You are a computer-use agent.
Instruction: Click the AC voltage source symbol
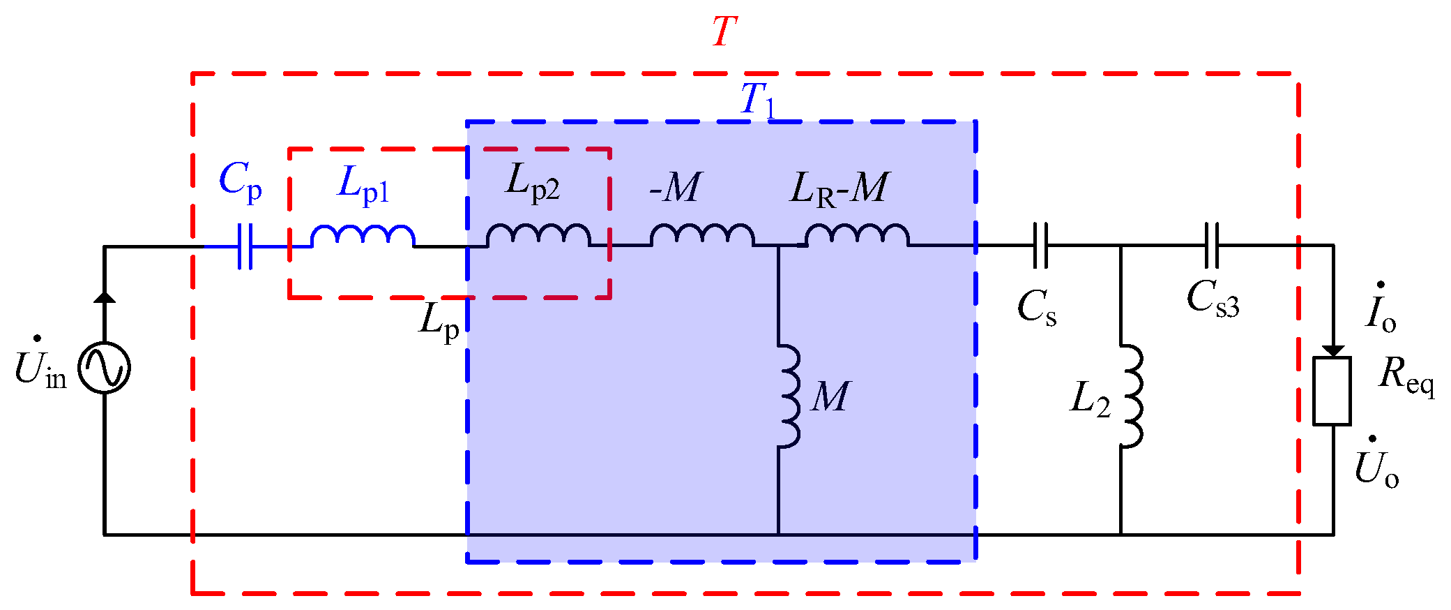[x=104, y=368]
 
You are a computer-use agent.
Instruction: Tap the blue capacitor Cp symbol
[x=245, y=246]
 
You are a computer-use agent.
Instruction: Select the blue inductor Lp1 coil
[x=363, y=236]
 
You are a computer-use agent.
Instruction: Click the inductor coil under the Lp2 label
[x=538, y=235]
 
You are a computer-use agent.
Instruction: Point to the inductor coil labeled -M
[x=702, y=235]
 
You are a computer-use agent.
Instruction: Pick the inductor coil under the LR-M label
[x=857, y=235]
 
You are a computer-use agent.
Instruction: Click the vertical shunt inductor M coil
[x=789, y=396]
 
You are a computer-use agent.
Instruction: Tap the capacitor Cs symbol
[x=1040, y=246]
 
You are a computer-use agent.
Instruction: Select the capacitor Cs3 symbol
[x=1212, y=246]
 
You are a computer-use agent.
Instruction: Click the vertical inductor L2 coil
[x=1131, y=396]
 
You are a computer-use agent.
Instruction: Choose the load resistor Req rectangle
[x=1332, y=391]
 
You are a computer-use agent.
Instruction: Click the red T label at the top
[x=724, y=31]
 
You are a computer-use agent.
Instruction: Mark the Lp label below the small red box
[x=439, y=322]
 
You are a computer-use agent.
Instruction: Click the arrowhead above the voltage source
[x=105, y=297]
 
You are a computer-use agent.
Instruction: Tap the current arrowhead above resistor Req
[x=1333, y=350]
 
